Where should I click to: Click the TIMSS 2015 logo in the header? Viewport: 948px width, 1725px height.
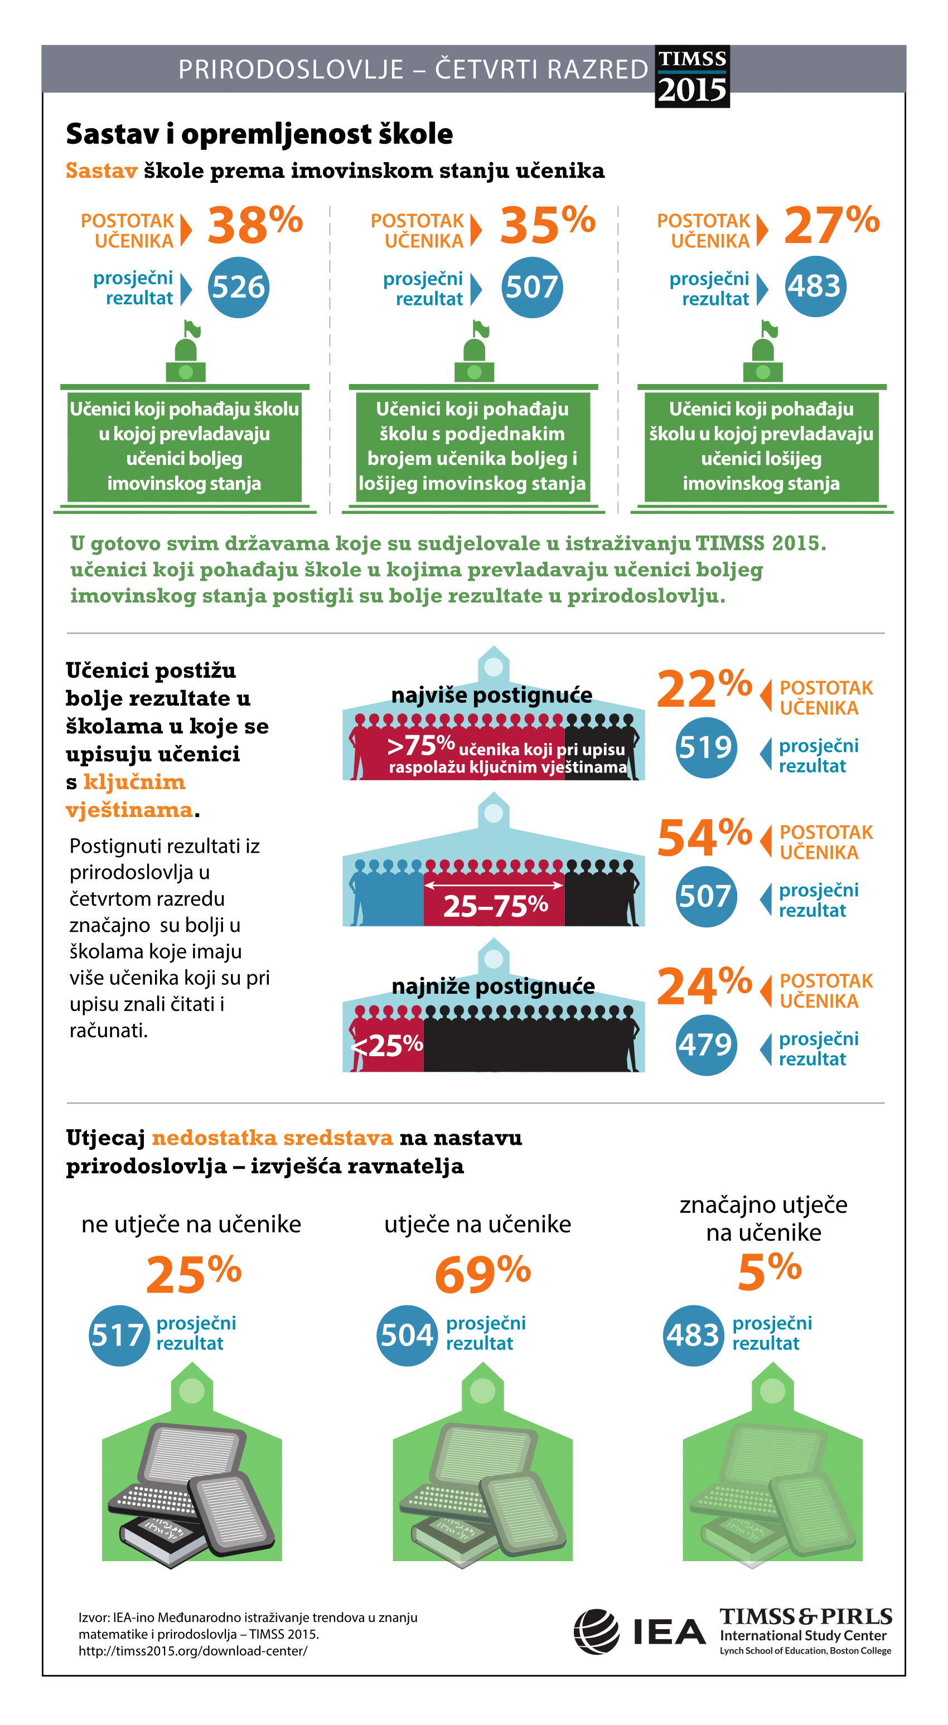click(692, 76)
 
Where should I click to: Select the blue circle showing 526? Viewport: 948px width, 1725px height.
click(239, 287)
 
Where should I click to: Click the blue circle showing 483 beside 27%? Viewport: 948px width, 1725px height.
click(815, 286)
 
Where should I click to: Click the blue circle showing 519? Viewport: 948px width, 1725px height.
click(707, 747)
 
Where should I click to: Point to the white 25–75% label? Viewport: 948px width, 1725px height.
click(496, 906)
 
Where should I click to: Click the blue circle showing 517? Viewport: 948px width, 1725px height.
click(119, 1336)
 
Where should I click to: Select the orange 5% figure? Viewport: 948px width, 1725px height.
click(770, 1270)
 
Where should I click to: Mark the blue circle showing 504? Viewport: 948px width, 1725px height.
click(407, 1336)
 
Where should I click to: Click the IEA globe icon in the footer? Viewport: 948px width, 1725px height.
click(596, 1631)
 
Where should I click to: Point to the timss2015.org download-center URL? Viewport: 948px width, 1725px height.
click(193, 1651)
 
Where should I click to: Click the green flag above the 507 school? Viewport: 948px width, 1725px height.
click(482, 329)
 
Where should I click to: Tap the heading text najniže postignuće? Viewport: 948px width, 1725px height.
click(493, 987)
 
